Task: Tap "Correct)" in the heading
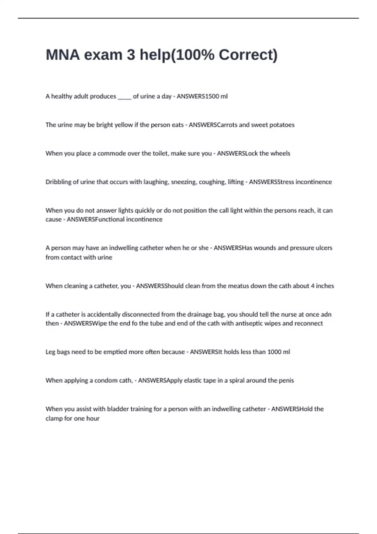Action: [248, 55]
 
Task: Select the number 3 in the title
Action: [131, 55]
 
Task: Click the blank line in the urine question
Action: [124, 97]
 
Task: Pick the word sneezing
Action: [184, 182]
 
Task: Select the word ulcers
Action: [324, 248]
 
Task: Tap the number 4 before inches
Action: [312, 286]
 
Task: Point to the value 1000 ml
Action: [278, 352]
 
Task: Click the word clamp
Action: [54, 418]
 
